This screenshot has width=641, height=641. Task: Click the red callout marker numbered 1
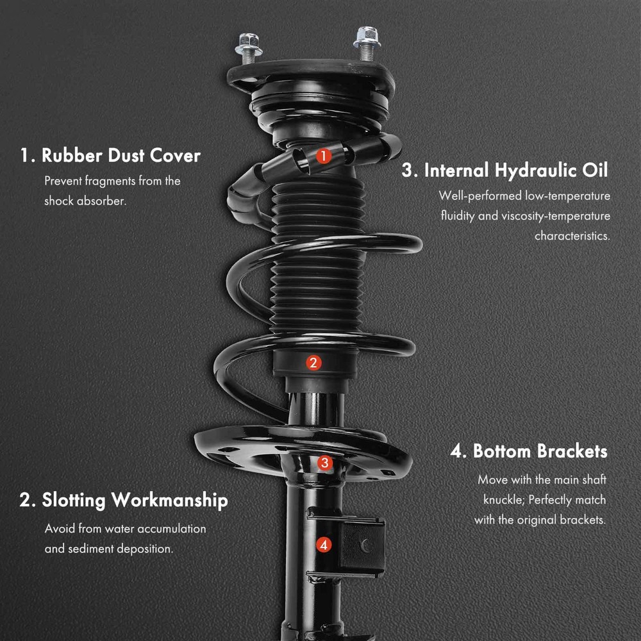click(x=323, y=156)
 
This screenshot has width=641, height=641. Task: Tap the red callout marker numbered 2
click(x=313, y=363)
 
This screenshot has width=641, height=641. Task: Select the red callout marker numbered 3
click(x=325, y=463)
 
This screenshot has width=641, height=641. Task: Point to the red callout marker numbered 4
click(x=324, y=544)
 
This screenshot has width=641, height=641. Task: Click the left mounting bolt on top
click(x=249, y=48)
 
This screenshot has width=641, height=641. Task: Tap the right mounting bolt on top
click(x=367, y=43)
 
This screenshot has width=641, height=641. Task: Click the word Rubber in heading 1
click(x=72, y=156)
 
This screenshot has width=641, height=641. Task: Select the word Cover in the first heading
click(x=176, y=156)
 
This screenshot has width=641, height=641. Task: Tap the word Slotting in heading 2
click(x=74, y=501)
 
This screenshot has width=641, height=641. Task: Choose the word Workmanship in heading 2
click(x=170, y=501)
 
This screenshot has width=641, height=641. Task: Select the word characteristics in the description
click(x=572, y=236)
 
